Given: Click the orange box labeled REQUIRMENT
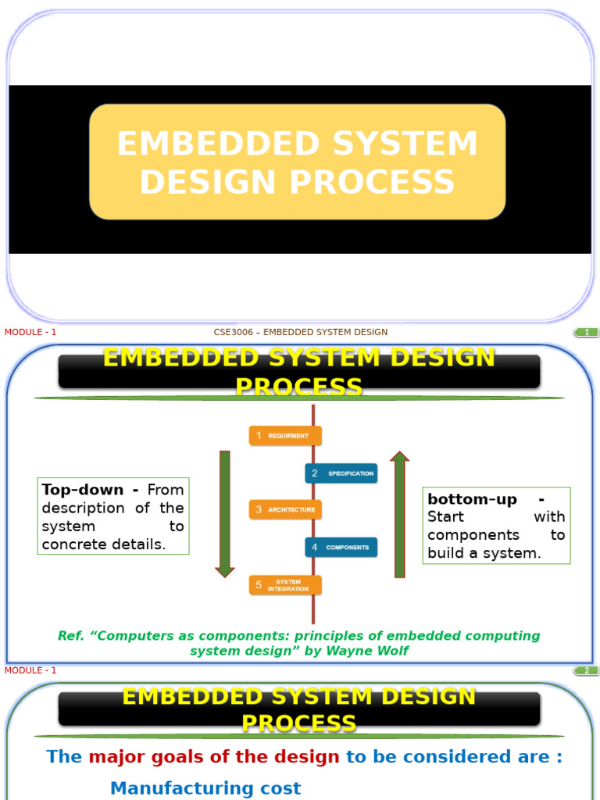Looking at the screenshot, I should [x=285, y=436].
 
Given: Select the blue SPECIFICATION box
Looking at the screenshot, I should [x=341, y=473].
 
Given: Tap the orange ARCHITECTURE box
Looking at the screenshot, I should [x=285, y=510].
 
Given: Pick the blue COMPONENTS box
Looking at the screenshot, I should [x=341, y=548].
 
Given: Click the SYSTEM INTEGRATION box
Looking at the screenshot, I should [x=285, y=585].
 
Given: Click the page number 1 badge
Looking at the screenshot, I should [x=586, y=333].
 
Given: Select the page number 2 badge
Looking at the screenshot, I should [x=586, y=671].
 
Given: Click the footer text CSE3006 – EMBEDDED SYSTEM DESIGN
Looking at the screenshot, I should [x=301, y=333].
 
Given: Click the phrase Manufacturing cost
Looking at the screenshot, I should [x=205, y=788].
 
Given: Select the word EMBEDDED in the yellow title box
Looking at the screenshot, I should [x=218, y=145].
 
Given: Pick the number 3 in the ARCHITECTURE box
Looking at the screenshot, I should [x=259, y=510].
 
